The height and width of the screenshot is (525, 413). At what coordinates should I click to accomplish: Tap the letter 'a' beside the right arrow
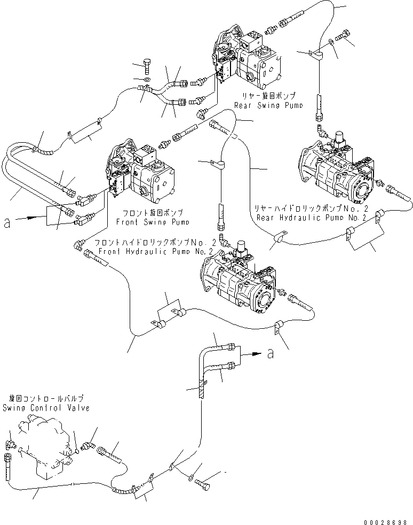click(271, 353)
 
